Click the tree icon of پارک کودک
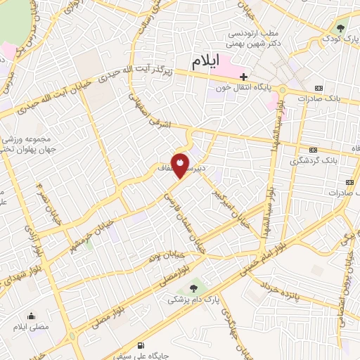tap(341, 28)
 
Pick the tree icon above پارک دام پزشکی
tap(194, 288)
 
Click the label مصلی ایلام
tap(30, 327)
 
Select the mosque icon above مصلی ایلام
tap(30, 316)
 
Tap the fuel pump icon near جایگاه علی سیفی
tap(143, 345)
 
